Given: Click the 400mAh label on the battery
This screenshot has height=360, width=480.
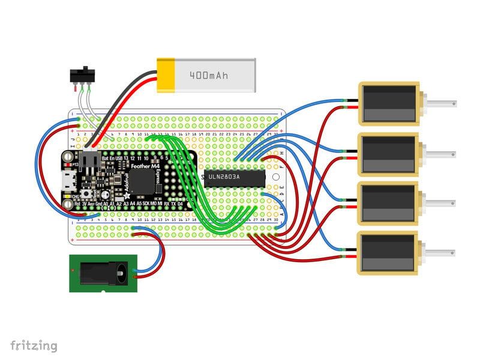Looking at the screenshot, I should pyautogui.click(x=209, y=76).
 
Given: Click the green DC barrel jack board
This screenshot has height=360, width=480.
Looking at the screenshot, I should pyautogui.click(x=104, y=273).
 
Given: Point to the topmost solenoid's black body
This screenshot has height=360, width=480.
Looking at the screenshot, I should pyautogui.click(x=388, y=103).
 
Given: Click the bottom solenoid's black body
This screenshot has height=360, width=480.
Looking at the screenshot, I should pyautogui.click(x=388, y=251).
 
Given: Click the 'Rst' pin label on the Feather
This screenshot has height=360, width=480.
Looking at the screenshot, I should pyautogui.click(x=77, y=204).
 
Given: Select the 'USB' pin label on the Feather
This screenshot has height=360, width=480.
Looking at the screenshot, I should pyautogui.click(x=118, y=158).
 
